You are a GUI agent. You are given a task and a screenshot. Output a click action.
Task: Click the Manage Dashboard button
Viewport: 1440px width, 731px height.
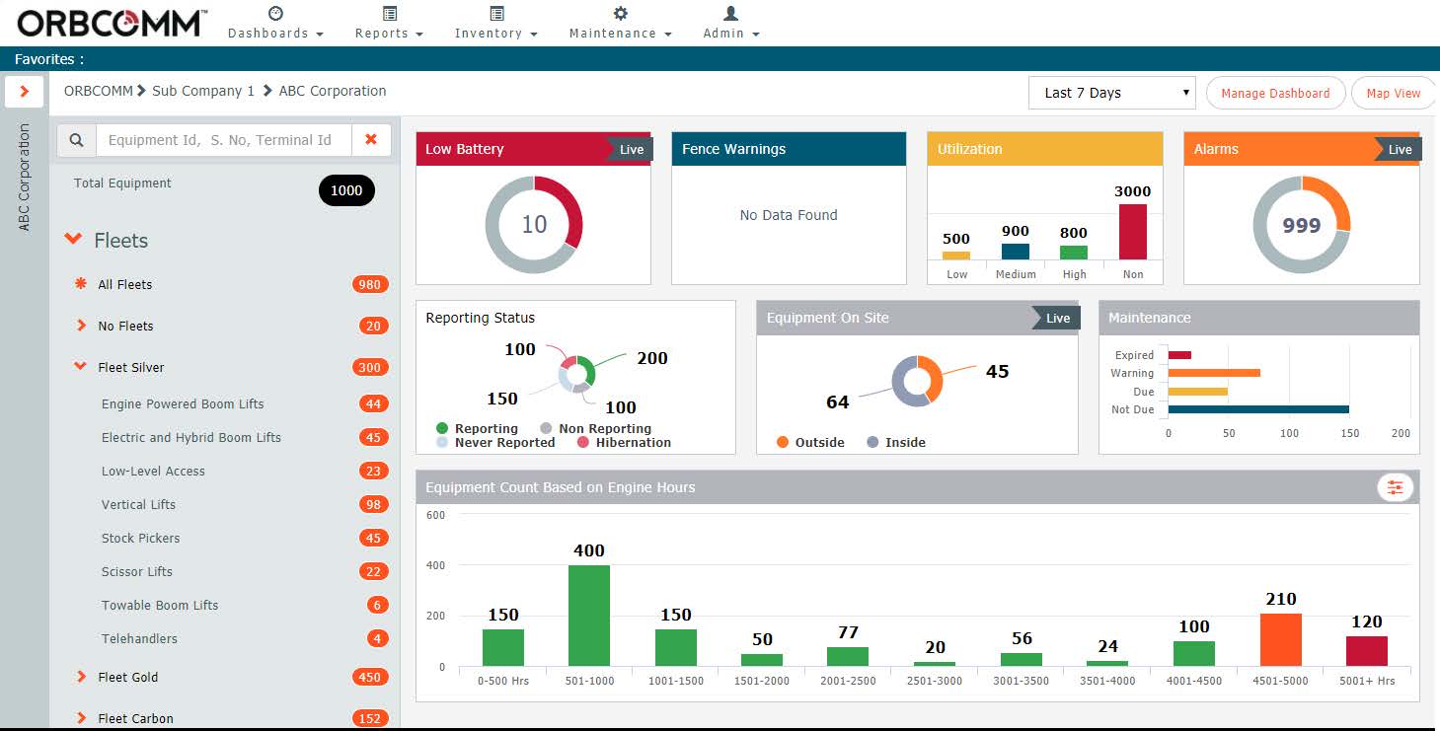pyautogui.click(x=1275, y=93)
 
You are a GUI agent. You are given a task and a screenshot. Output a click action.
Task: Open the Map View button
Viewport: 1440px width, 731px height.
pyautogui.click(x=1393, y=93)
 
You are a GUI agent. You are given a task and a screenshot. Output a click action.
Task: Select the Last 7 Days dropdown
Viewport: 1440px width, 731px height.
pyautogui.click(x=1111, y=93)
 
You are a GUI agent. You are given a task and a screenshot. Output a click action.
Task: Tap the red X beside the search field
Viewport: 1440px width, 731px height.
pyautogui.click(x=371, y=140)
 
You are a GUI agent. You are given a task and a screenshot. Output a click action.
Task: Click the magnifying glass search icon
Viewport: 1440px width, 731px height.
pyautogui.click(x=76, y=140)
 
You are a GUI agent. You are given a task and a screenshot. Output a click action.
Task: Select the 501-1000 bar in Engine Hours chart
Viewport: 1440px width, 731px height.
pyautogui.click(x=589, y=616)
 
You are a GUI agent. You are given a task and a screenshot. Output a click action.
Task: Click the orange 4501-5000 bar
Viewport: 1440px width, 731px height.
pyautogui.click(x=1281, y=639)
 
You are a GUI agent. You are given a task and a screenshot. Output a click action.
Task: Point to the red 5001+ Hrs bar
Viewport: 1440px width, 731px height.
pyautogui.click(x=1367, y=650)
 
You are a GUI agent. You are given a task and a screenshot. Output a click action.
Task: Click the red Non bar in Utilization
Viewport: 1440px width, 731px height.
pyautogui.click(x=1132, y=232)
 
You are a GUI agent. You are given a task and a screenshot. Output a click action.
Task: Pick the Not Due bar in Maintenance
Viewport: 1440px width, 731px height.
pyautogui.click(x=1258, y=408)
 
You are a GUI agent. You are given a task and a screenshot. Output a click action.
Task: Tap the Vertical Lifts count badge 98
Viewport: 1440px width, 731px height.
pyautogui.click(x=372, y=504)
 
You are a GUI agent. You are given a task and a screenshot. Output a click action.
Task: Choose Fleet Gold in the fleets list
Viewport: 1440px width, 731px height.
pyautogui.click(x=128, y=677)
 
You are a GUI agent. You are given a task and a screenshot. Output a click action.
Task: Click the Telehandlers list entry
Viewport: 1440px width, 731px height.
pyautogui.click(x=139, y=638)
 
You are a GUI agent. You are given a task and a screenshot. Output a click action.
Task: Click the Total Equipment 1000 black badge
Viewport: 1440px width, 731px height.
pyautogui.click(x=346, y=190)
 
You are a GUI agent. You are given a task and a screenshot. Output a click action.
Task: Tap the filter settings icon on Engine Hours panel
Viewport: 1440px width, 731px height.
pyautogui.click(x=1395, y=487)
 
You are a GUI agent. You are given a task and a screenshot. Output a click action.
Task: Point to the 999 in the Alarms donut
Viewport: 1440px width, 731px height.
pyautogui.click(x=1301, y=226)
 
